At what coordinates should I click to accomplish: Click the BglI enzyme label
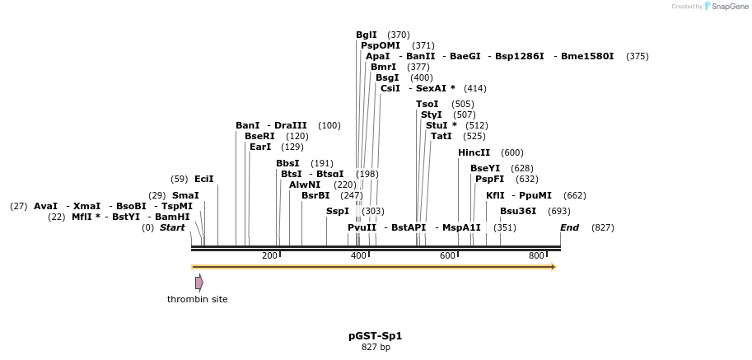367,35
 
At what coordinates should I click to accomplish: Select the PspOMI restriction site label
381,45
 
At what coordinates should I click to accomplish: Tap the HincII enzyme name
474,153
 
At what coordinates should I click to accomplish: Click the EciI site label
203,180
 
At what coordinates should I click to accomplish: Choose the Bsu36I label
518,212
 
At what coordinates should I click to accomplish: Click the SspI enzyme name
338,212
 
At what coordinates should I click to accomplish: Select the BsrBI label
315,195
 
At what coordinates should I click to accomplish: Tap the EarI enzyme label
260,147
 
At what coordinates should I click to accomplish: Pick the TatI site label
441,136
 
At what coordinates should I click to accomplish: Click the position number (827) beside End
603,227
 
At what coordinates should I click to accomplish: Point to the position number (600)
512,153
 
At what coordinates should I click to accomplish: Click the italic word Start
172,227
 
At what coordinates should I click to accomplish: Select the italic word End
569,227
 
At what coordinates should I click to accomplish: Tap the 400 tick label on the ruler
358,256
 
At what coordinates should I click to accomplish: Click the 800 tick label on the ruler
536,256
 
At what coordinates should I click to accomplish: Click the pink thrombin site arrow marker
199,283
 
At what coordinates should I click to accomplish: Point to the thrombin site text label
197,300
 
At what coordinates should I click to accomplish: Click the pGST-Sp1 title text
376,336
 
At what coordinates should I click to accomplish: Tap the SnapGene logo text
730,7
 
